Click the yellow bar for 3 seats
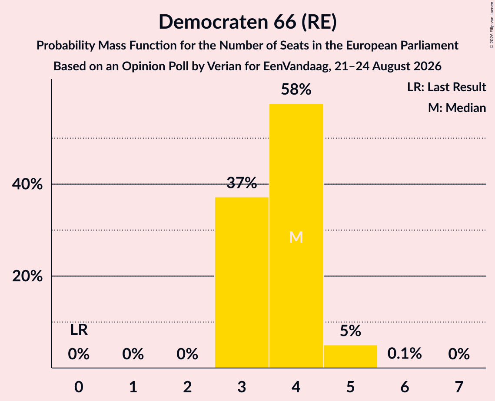click(242, 283)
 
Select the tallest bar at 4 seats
click(296, 236)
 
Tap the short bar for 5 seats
click(350, 357)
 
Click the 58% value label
click(296, 89)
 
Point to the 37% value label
click(242, 183)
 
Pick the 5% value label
click(350, 331)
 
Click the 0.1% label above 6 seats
click(405, 354)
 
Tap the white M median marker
click(296, 237)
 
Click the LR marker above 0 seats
click(79, 330)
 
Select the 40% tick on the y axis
click(27, 184)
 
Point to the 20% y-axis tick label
click(27, 276)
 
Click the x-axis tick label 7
click(459, 387)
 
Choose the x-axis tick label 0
click(79, 387)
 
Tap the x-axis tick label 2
click(187, 387)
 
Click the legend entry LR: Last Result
click(446, 87)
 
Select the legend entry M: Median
click(457, 108)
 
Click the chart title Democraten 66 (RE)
click(248, 22)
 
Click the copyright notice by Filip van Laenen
click(492, 25)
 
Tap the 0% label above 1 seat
click(133, 354)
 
